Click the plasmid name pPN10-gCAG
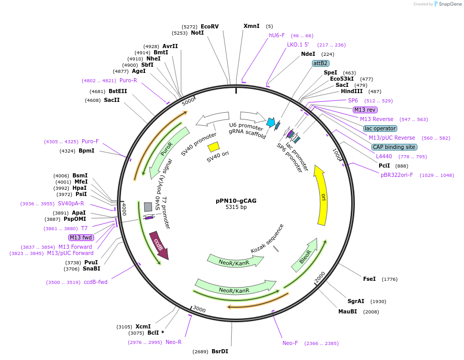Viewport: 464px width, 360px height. pos(236,200)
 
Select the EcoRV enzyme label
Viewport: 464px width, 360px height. pos(209,26)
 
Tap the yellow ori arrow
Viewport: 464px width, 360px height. pos(322,197)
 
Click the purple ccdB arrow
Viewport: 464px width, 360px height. pos(159,246)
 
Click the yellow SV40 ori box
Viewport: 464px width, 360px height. pos(214,146)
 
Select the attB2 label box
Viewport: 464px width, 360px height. pos(320,63)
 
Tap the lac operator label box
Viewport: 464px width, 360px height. pos(380,128)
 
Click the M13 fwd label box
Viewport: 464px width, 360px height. pos(81,237)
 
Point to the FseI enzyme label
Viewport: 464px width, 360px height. pos(369,279)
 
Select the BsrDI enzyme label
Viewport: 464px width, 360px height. pos(220,351)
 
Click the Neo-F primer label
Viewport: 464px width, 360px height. pos(290,343)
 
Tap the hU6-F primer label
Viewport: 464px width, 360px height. pos(277,35)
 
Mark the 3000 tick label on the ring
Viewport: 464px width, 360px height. pos(199,309)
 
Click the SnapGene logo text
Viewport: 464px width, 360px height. pos(447,4)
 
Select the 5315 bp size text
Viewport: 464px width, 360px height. pos(236,207)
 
